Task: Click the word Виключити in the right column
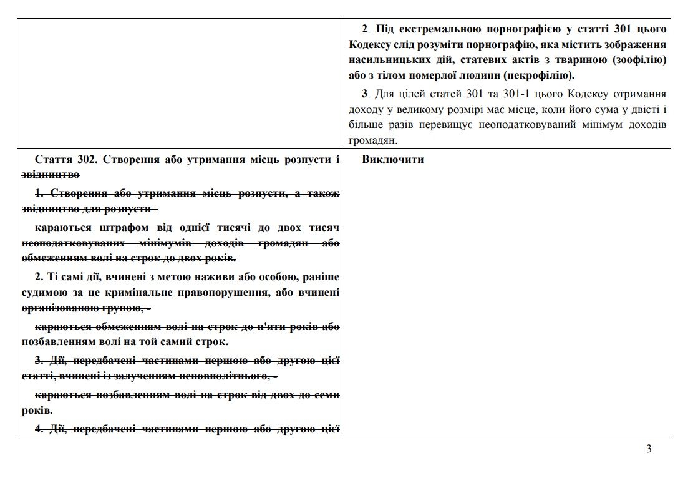[x=392, y=159]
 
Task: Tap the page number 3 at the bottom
[x=649, y=449]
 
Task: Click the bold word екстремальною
[x=440, y=29]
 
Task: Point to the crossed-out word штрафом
[x=117, y=227]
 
